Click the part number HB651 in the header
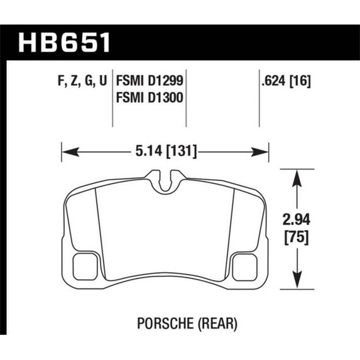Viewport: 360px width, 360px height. (x=65, y=43)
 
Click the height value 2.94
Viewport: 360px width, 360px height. (x=295, y=220)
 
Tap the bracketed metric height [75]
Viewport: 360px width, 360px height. (x=295, y=238)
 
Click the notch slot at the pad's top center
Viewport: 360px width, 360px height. (x=165, y=183)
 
